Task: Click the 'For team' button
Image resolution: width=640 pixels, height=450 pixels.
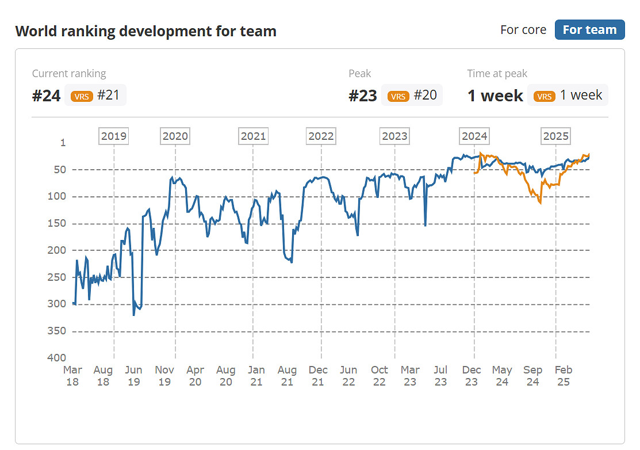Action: click(589, 30)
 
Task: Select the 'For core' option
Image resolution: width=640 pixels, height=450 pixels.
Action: click(523, 30)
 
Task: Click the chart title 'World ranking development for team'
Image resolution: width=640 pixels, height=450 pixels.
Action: click(145, 31)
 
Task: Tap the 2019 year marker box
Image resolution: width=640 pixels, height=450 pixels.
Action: click(114, 136)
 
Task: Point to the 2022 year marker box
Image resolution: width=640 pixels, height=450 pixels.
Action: click(321, 136)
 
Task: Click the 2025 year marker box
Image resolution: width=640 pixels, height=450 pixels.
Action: click(555, 136)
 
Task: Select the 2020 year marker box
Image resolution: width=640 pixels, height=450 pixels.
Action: click(175, 136)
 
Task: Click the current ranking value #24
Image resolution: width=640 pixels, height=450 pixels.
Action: click(46, 96)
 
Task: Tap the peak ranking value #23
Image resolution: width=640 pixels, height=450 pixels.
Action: click(363, 96)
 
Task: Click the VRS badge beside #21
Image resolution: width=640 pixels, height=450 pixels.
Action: click(82, 96)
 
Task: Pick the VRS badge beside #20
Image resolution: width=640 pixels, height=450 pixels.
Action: click(398, 96)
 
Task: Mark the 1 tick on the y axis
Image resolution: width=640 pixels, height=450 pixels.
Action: click(63, 143)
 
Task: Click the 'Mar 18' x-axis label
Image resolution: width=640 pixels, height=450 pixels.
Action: click(72, 376)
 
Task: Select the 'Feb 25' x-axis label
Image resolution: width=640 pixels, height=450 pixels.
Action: click(564, 376)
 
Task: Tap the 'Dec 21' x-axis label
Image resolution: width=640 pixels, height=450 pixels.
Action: click(318, 376)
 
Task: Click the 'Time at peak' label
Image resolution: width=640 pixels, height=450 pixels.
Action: click(497, 74)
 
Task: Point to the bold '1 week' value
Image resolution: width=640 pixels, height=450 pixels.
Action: click(495, 96)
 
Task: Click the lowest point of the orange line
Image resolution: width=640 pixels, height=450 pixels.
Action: click(540, 203)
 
